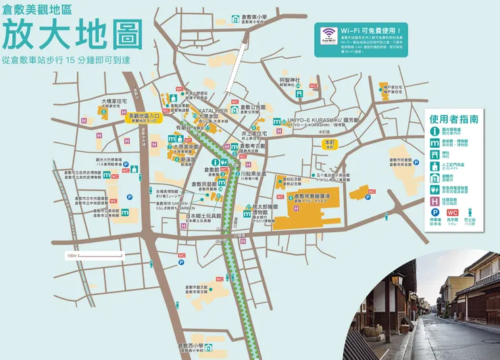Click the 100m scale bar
94,257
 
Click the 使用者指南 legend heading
453,119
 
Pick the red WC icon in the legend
452,214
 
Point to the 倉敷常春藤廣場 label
316,197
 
